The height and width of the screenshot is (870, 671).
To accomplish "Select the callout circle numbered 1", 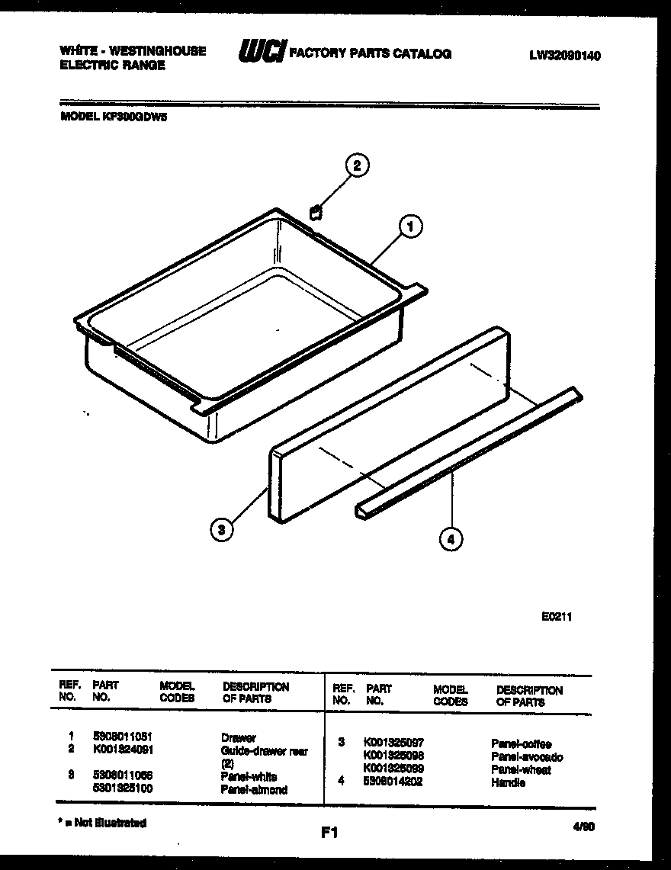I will click(410, 226).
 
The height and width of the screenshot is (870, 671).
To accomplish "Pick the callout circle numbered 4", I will click(451, 539).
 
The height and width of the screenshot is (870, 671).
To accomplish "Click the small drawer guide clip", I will click(316, 211).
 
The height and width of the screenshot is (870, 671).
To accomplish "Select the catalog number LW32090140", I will click(564, 56).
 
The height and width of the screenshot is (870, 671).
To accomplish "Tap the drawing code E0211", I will click(557, 617).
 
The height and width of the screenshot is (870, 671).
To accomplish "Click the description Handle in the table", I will click(508, 782).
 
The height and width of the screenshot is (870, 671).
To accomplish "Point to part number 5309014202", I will click(393, 782).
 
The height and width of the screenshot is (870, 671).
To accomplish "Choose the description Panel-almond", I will click(254, 790).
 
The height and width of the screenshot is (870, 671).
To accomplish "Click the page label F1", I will click(329, 833).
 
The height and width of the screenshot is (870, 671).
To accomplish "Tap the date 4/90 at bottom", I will click(583, 826).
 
